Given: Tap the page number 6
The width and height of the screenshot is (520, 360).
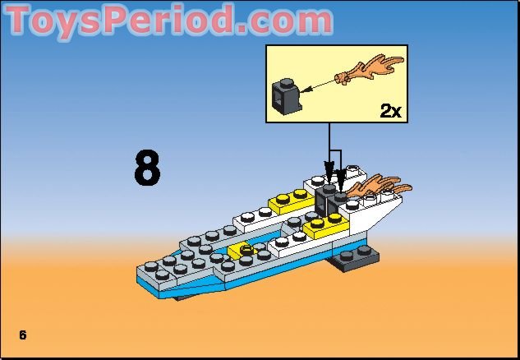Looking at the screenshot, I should point(23,334).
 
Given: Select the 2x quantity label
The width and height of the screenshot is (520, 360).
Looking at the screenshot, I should point(391,111).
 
